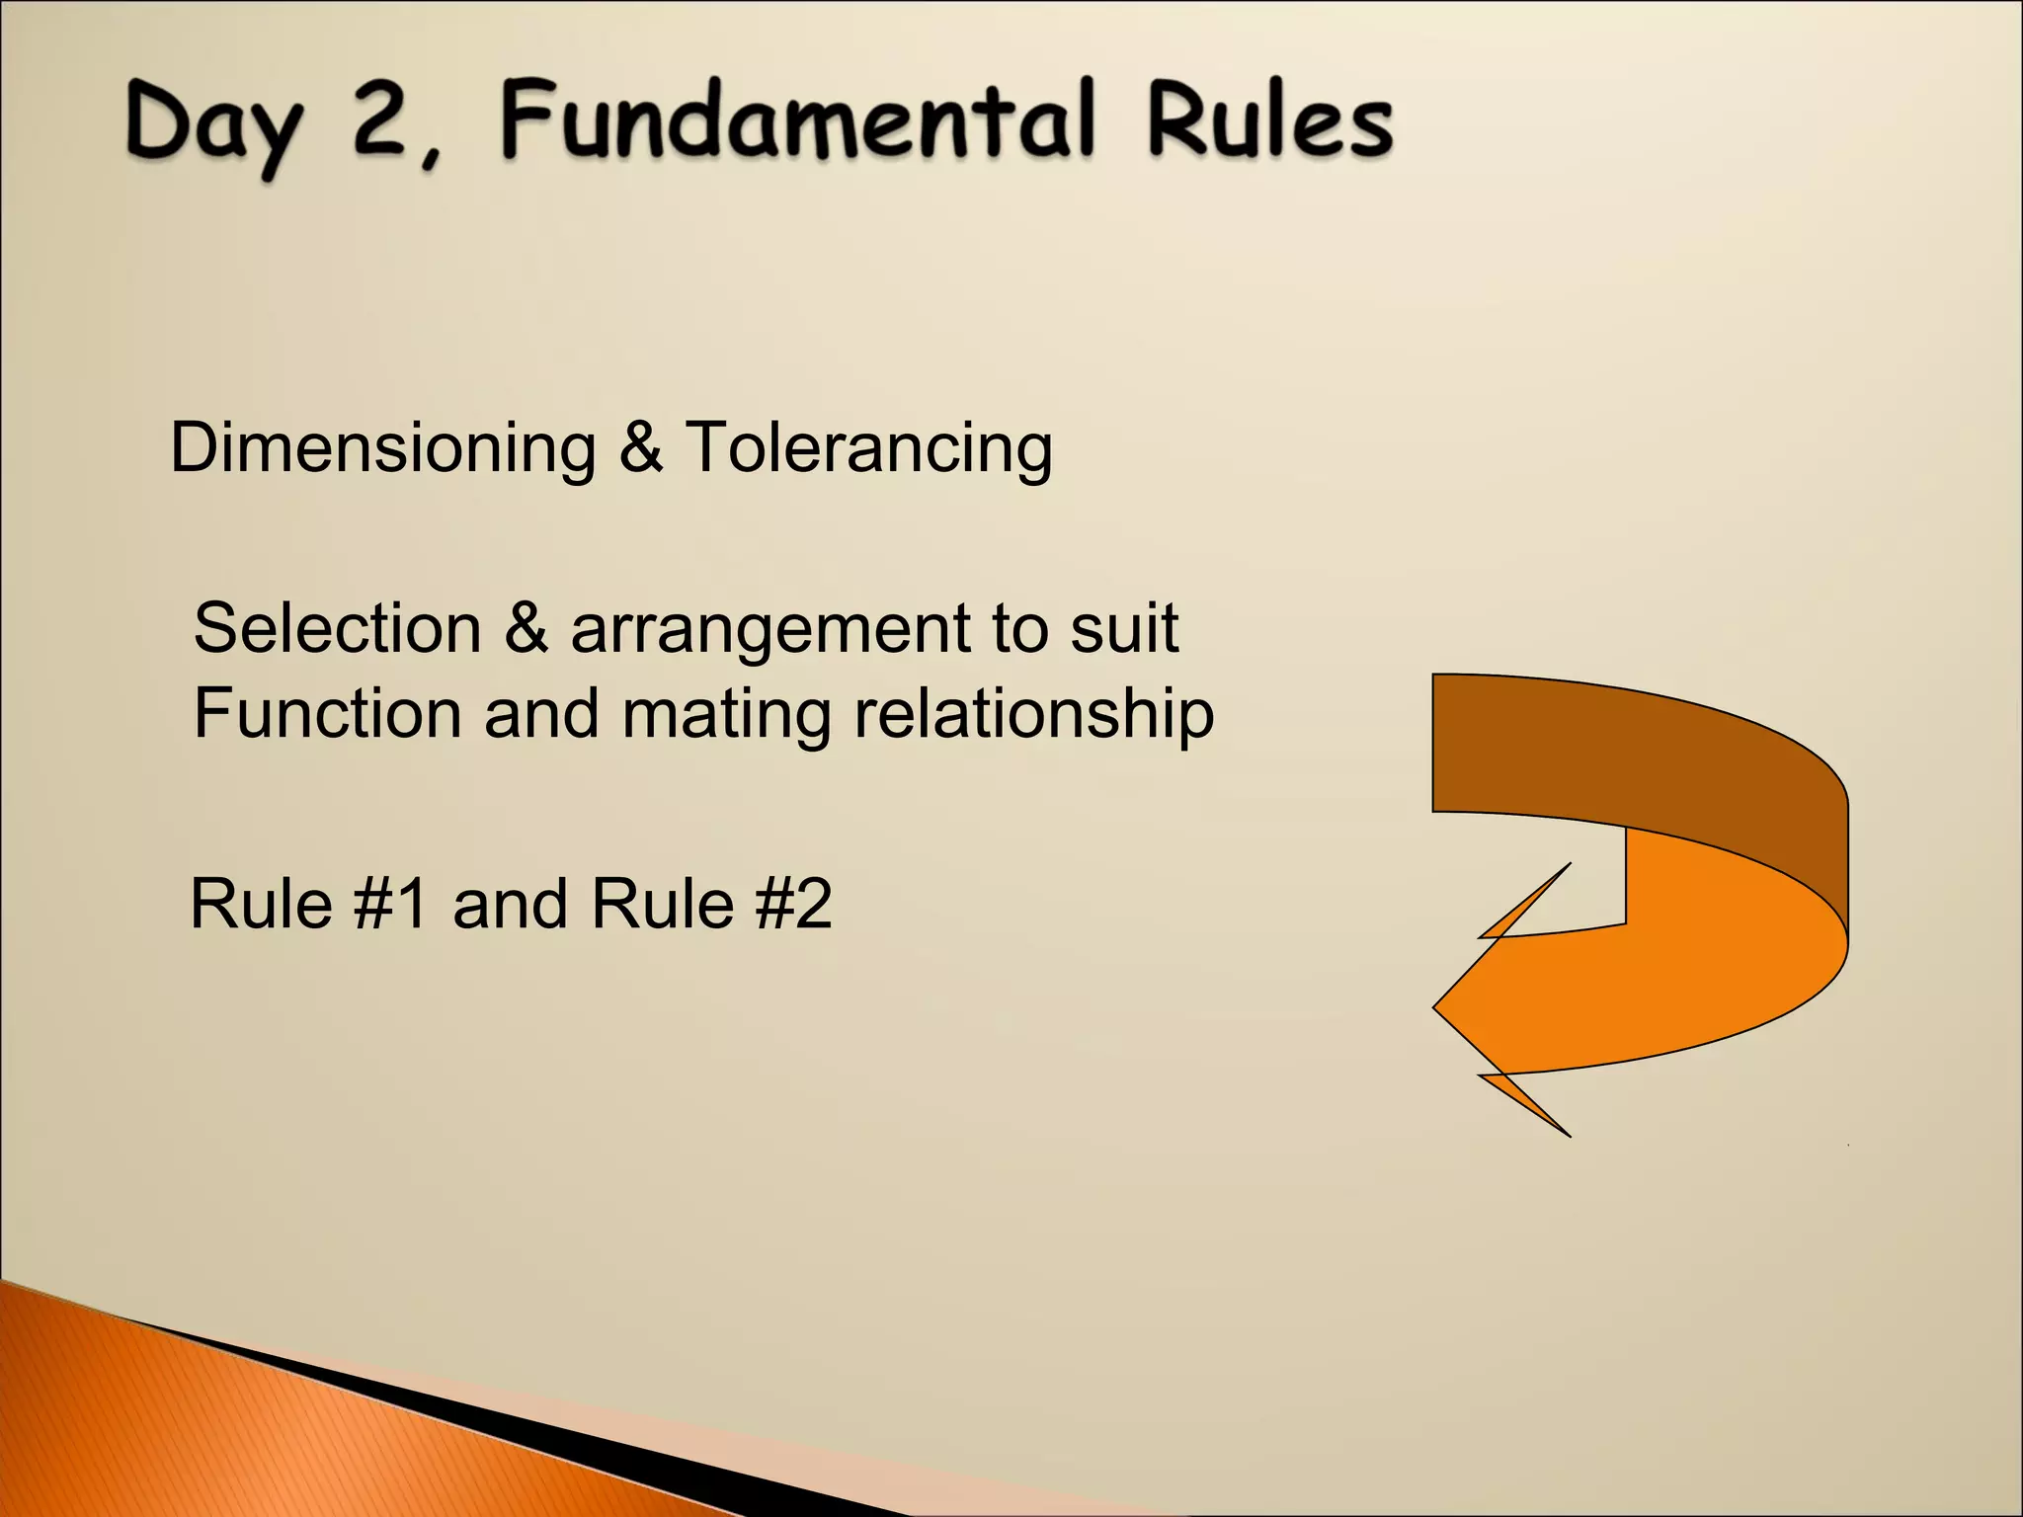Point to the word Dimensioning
(x=383, y=448)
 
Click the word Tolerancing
(x=869, y=448)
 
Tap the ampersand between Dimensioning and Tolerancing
(x=641, y=446)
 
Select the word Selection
(x=337, y=628)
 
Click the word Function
(x=327, y=713)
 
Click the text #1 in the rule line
(x=391, y=904)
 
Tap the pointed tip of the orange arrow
(x=1438, y=1007)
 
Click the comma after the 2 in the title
(x=431, y=158)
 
